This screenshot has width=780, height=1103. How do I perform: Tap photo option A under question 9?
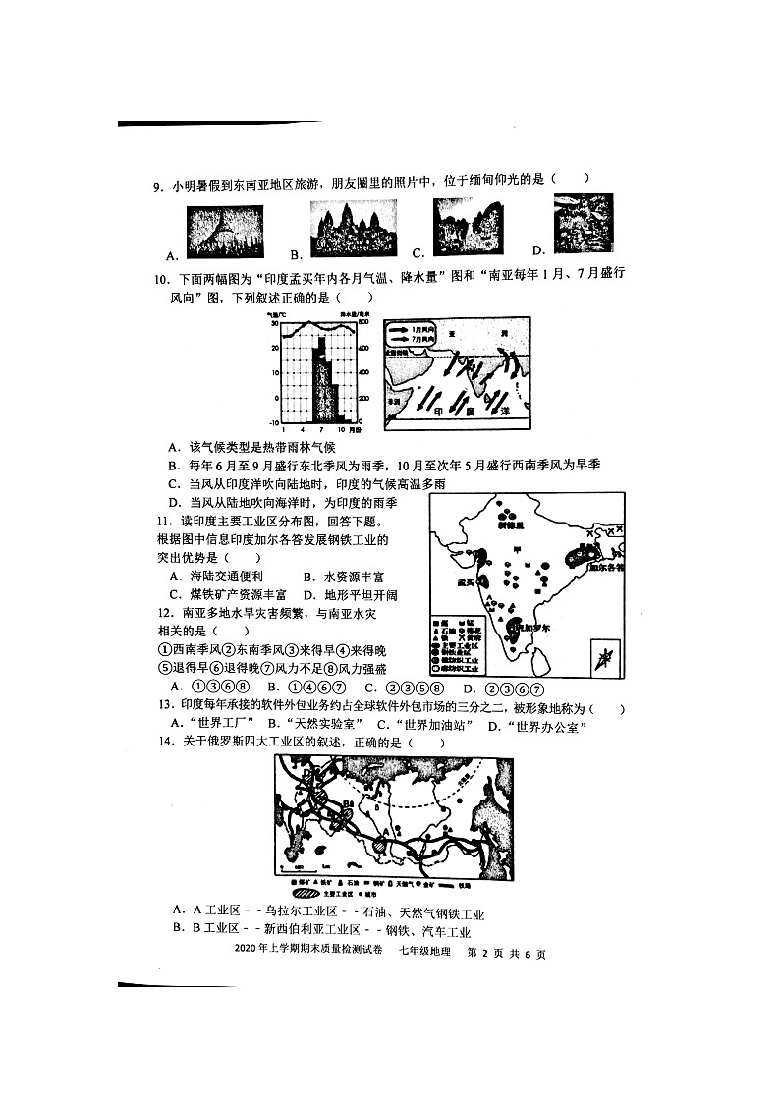click(224, 231)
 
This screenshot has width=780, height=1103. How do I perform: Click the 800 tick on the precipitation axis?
click(362, 322)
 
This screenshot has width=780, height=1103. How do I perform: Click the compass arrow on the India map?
click(606, 657)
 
